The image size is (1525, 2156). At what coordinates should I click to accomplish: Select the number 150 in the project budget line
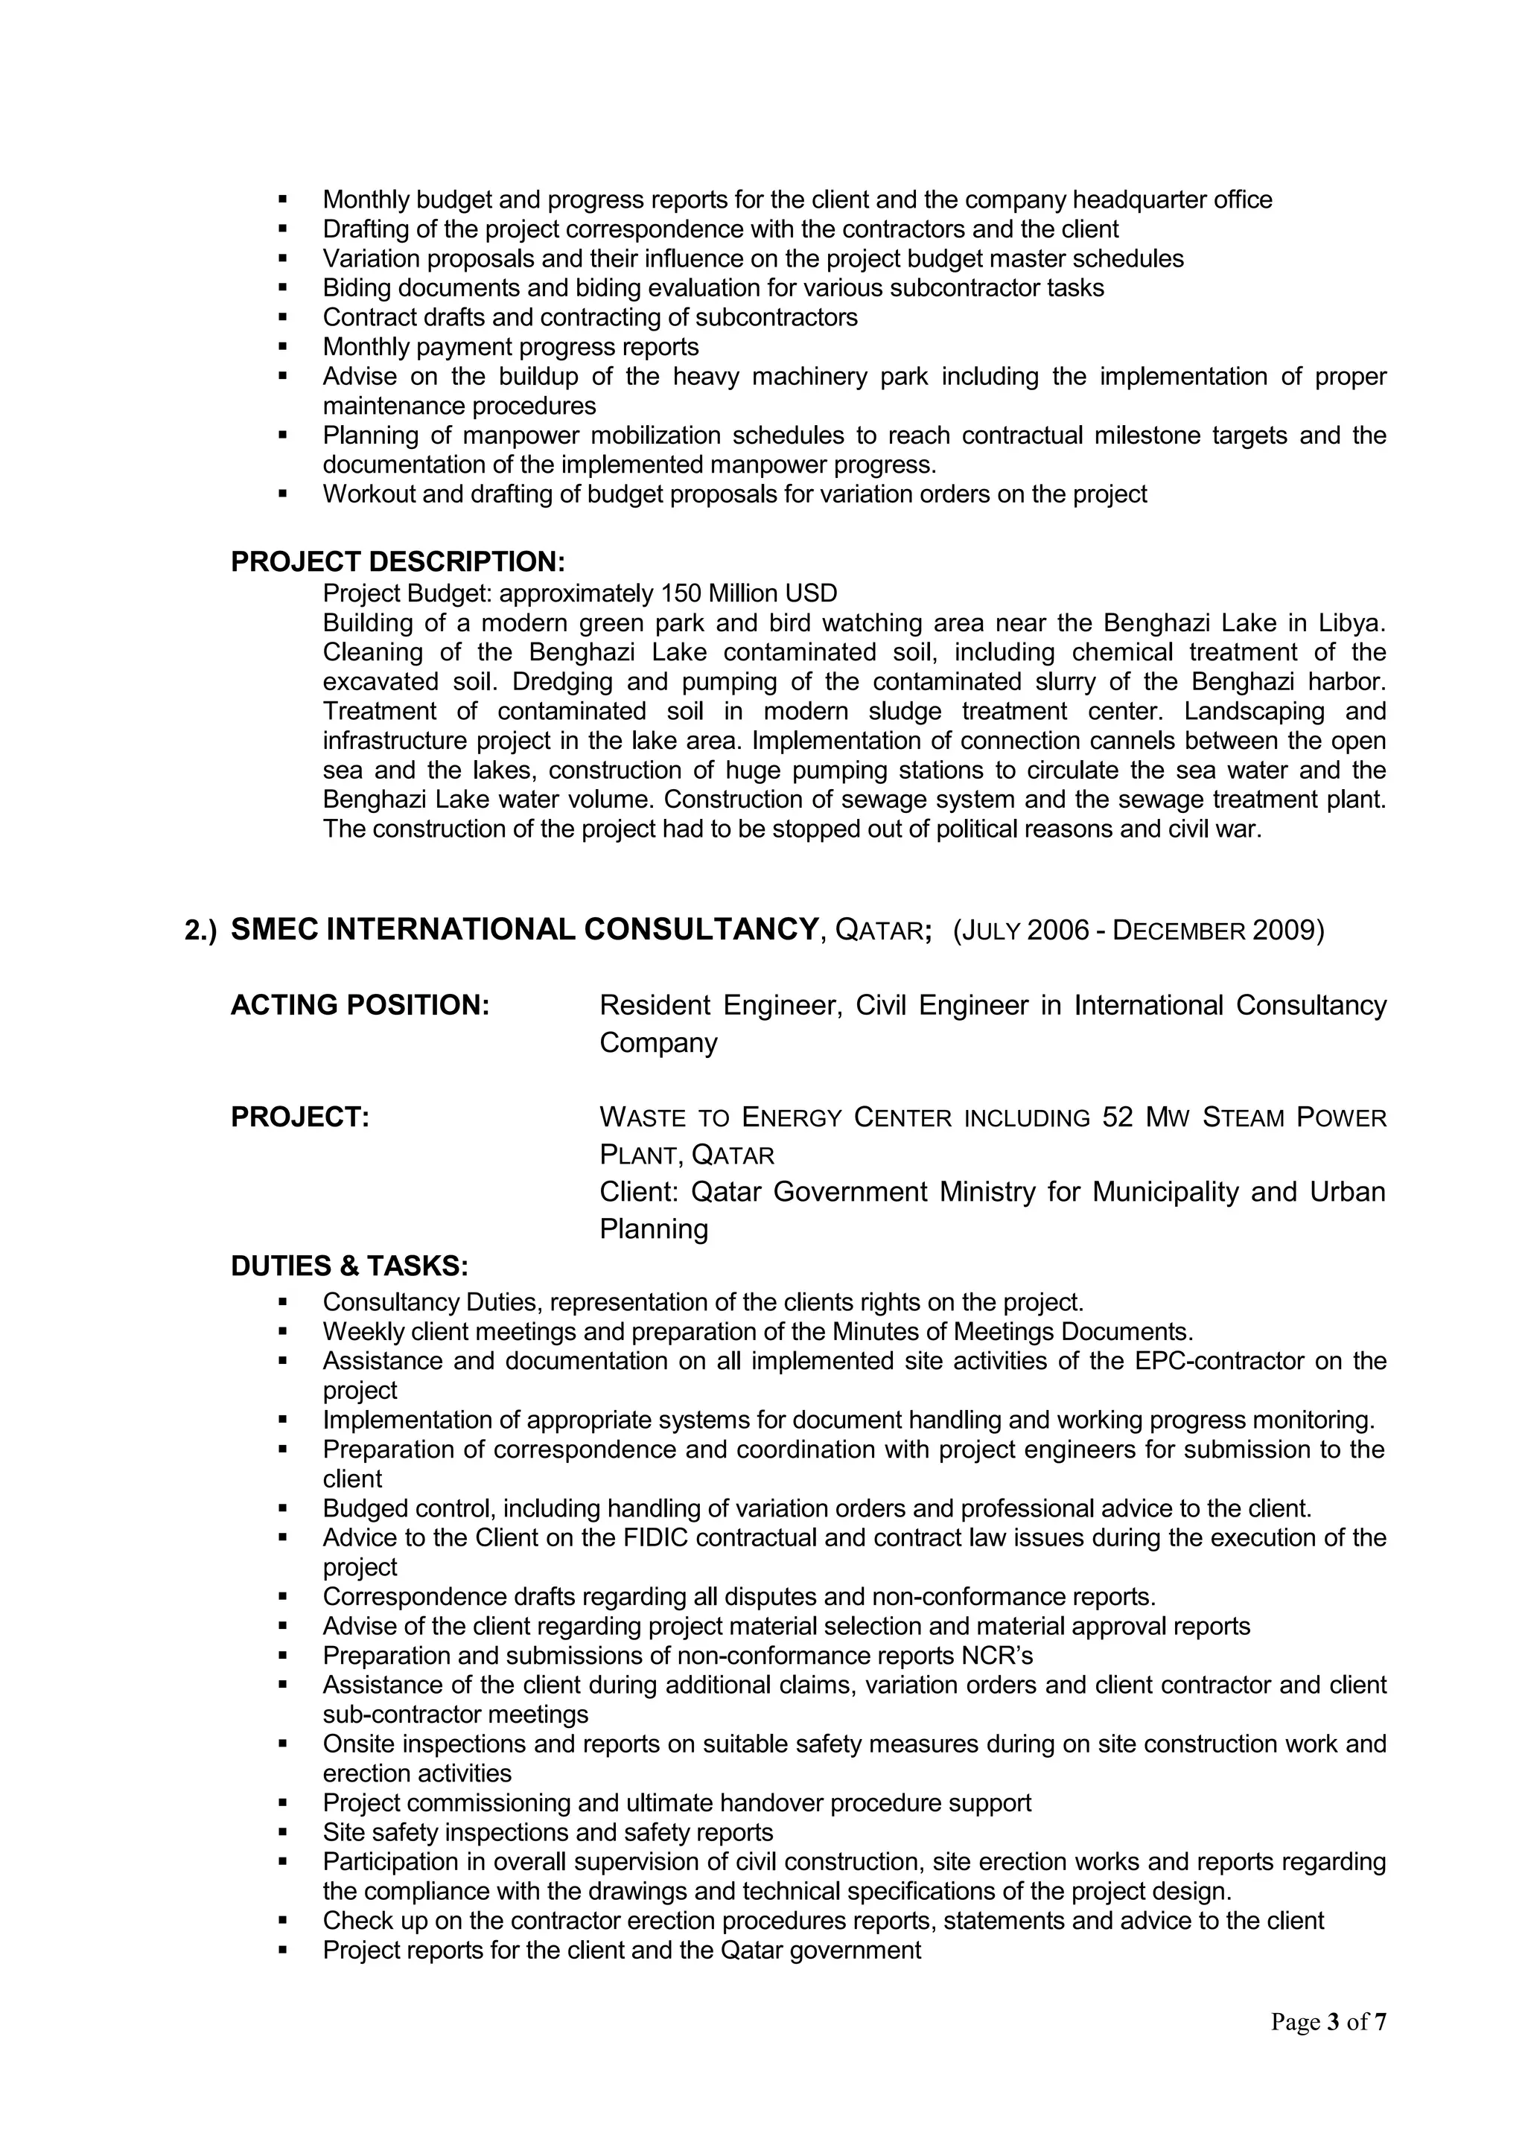point(681,593)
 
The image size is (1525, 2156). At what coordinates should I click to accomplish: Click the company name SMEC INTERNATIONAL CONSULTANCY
point(525,930)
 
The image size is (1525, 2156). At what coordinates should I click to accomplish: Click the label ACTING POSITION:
point(360,1005)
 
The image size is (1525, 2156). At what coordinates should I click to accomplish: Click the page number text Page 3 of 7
point(1328,2022)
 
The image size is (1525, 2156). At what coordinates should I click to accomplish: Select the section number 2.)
point(200,931)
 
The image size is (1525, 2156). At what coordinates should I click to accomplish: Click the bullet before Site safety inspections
point(283,1832)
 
